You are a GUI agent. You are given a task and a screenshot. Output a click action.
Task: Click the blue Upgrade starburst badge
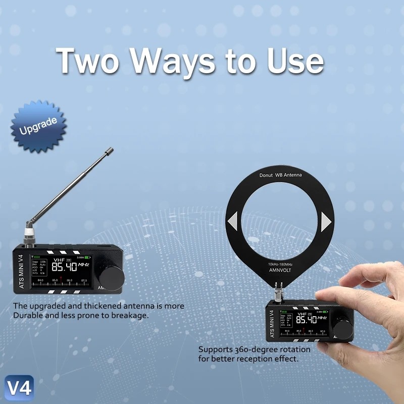coord(38,126)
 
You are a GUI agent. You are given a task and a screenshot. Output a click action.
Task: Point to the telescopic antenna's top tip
coord(109,150)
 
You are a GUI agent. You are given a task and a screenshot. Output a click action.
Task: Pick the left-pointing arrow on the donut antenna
coord(232,221)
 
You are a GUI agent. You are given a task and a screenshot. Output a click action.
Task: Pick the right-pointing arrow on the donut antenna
coord(326,221)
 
